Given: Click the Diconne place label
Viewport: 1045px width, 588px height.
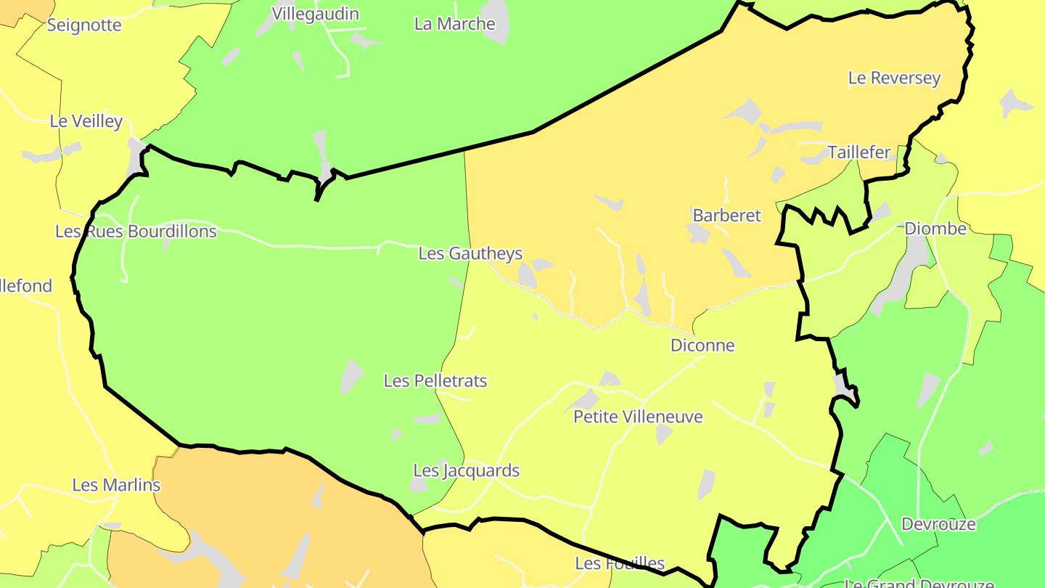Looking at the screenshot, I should [702, 346].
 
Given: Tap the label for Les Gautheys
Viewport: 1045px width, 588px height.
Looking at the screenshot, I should [470, 253].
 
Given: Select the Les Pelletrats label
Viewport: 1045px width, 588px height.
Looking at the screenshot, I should [435, 381].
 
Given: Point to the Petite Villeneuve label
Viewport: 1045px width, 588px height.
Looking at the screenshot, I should [638, 417].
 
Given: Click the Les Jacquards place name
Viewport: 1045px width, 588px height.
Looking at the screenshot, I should [466, 470].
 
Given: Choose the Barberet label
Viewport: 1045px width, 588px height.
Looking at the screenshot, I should [726, 216].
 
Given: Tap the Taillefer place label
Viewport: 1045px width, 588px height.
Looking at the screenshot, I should [859, 152].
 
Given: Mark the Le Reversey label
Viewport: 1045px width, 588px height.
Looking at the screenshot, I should [894, 78].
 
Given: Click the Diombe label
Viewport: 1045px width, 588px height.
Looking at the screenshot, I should [935, 229].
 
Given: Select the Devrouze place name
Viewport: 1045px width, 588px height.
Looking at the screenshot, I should [938, 524].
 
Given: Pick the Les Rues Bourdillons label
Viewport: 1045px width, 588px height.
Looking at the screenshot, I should [136, 232].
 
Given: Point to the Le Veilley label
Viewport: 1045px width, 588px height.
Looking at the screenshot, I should [86, 121].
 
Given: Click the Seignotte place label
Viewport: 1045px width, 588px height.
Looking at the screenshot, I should [84, 25].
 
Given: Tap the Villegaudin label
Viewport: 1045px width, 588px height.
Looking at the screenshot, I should [315, 14].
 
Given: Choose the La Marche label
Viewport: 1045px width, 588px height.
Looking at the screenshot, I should [454, 24].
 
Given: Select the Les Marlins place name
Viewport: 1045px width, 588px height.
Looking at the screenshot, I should [116, 485].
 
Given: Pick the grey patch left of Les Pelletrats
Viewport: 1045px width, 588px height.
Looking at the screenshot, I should [352, 376].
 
